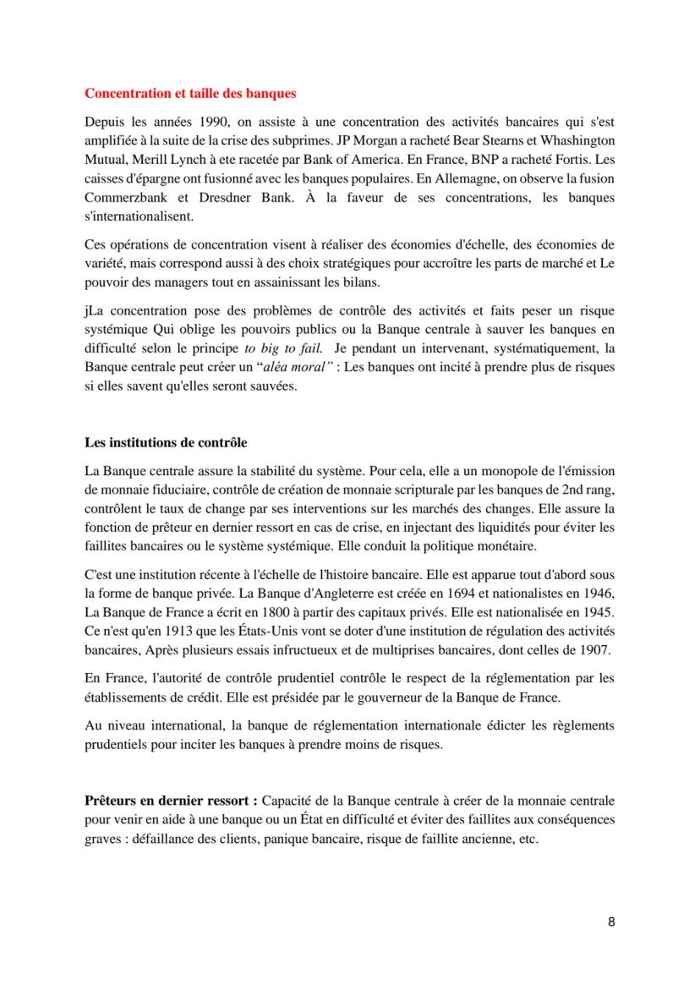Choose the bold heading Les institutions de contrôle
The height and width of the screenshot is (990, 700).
click(166, 443)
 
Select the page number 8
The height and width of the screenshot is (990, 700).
click(611, 922)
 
